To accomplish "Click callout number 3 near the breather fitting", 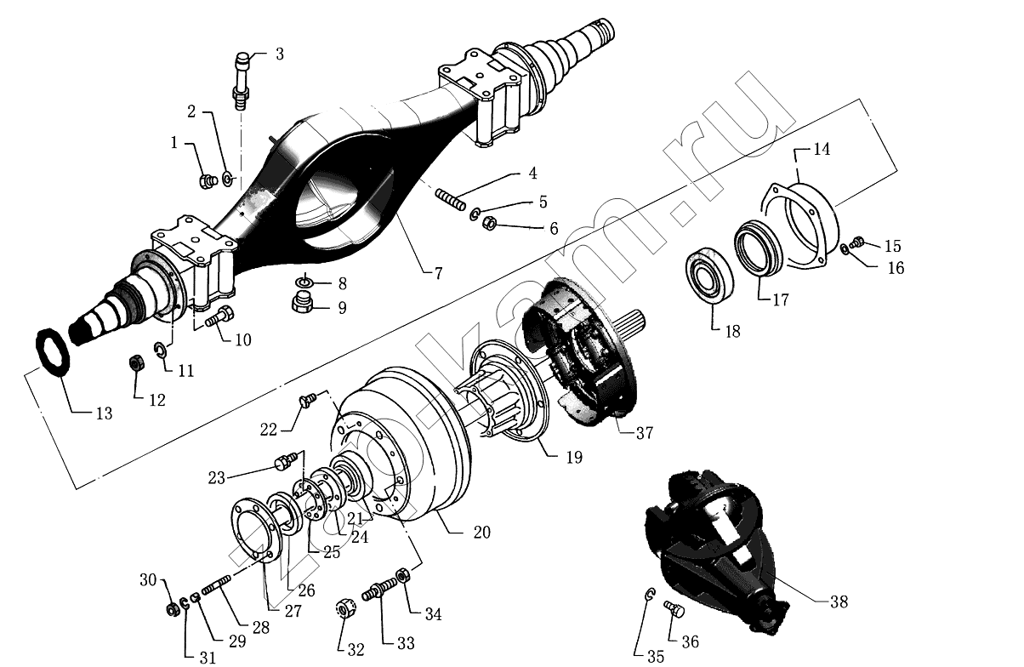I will point(279,54).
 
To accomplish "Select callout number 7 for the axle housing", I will point(438,274).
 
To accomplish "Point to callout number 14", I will point(821,151).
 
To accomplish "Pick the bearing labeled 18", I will point(711,272).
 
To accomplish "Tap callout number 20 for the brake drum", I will point(481,533).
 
